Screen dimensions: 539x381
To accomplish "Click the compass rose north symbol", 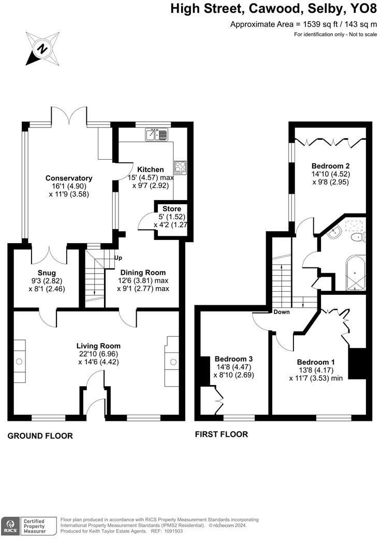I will click(x=41, y=49).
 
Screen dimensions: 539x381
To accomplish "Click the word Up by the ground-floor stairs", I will click(x=119, y=258).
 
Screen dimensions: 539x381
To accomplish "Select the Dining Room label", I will click(x=143, y=272).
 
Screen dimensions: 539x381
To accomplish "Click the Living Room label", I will click(x=98, y=346).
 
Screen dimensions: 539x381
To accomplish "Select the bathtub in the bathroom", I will click(x=355, y=272).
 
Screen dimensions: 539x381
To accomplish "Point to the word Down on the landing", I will click(x=282, y=312).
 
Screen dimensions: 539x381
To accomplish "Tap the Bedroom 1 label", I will click(x=316, y=362).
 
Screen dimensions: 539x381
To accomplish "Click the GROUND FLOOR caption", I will click(x=40, y=436).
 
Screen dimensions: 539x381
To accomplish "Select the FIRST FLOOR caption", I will click(x=221, y=434).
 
